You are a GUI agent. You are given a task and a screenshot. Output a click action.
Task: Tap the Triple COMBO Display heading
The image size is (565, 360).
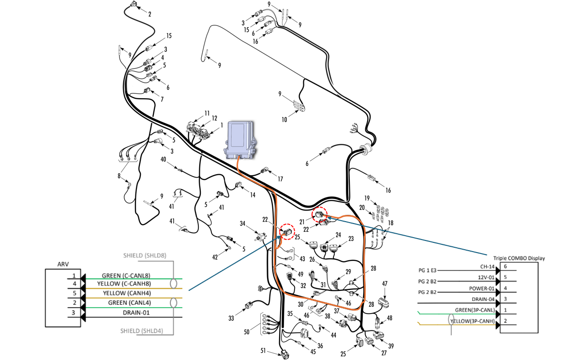click(x=519, y=258)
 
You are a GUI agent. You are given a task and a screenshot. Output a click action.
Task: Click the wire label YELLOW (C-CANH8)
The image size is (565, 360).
click(x=124, y=284)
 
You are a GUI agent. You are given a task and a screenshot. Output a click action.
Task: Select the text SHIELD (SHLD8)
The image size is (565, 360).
click(x=145, y=255)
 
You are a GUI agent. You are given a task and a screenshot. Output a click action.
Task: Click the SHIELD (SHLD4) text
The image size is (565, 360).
click(x=142, y=331)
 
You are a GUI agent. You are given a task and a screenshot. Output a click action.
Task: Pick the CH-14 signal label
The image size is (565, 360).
click(x=486, y=267)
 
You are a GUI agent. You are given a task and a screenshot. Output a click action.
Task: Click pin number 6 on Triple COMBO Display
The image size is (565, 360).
click(x=505, y=267)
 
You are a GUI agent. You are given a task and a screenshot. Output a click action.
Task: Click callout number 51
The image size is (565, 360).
click(x=264, y=351)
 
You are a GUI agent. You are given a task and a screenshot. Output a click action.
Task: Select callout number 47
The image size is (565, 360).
click(x=385, y=284)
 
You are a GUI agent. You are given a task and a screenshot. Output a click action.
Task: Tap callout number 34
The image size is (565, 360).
click(x=243, y=224)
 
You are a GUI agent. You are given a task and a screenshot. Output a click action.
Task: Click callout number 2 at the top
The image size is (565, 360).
click(x=149, y=15)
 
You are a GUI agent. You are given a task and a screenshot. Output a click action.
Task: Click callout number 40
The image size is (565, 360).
click(x=164, y=160)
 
